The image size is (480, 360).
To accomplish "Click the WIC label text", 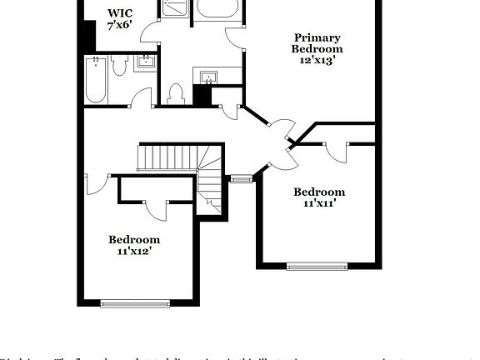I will (x=119, y=13).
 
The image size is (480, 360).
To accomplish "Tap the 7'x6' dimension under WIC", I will (x=119, y=26).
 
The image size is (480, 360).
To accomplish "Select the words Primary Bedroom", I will (x=317, y=42).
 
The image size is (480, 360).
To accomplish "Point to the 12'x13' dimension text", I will (x=317, y=61).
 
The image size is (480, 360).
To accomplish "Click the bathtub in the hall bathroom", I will (x=96, y=81).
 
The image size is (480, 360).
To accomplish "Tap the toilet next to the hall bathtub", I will (x=118, y=67).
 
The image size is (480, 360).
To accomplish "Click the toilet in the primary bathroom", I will (x=176, y=94).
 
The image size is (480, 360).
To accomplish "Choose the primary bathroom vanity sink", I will (x=207, y=77).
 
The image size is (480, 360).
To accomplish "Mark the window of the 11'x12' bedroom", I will (x=133, y=303).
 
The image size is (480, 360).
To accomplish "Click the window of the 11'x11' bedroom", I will (x=317, y=267).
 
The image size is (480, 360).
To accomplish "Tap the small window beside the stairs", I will (x=241, y=178).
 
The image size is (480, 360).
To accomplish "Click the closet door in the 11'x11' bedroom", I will (x=335, y=151).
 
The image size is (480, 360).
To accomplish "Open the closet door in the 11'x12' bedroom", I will (x=156, y=209).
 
